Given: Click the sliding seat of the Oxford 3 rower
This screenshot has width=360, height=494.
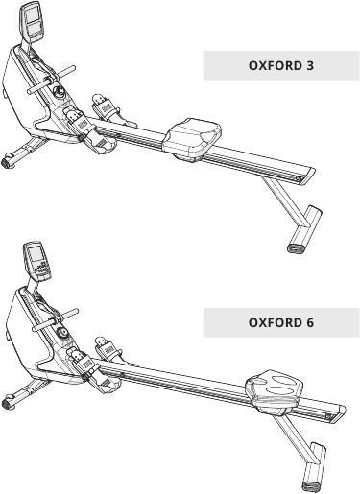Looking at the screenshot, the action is (x=198, y=135).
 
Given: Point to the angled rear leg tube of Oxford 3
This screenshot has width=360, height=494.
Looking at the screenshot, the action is (x=284, y=204).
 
